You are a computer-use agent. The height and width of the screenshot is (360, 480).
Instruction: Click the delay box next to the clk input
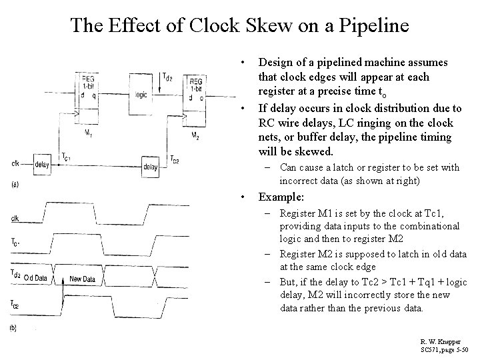pyautogui.click(x=41, y=165)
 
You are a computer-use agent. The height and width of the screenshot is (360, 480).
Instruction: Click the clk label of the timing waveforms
pyautogui.click(x=15, y=217)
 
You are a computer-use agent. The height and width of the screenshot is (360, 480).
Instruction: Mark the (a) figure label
pyautogui.click(x=15, y=185)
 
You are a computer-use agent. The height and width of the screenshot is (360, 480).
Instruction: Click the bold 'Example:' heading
pyautogui.click(x=281, y=197)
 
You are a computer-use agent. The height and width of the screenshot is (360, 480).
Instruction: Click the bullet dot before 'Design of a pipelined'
pyautogui.click(x=247, y=62)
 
